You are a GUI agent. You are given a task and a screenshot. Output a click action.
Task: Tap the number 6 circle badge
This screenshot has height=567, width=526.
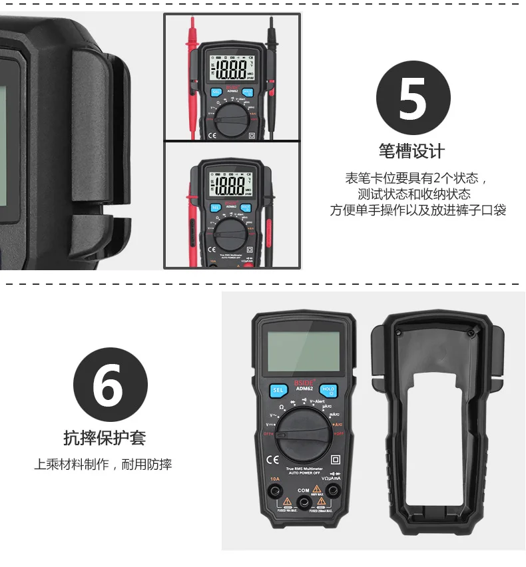click(109, 385)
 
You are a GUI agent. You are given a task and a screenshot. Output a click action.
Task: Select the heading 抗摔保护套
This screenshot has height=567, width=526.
click(104, 438)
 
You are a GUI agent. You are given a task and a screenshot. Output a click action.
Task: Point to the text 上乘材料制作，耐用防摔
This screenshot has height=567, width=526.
click(103, 465)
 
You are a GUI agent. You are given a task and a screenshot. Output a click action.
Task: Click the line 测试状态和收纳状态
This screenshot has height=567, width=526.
click(413, 194)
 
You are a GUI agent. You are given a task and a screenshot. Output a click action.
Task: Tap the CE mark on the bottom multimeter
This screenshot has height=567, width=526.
click(272, 459)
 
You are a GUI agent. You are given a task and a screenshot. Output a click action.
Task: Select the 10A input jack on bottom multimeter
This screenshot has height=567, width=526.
click(274, 492)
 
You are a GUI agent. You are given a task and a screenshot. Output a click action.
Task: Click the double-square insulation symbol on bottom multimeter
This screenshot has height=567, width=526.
click(336, 459)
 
